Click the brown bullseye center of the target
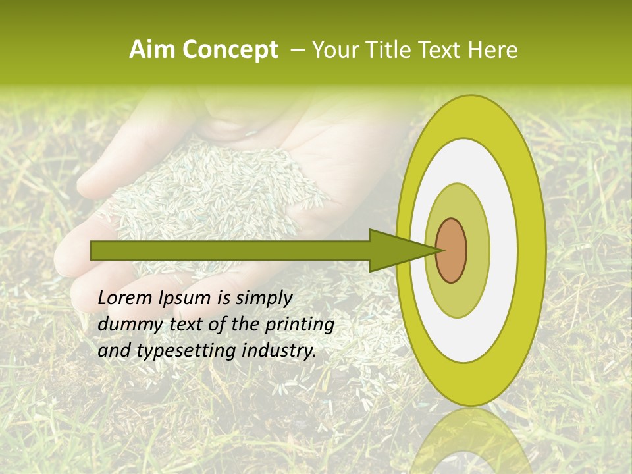point(452,250)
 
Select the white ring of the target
point(500,250)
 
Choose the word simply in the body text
point(263,298)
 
